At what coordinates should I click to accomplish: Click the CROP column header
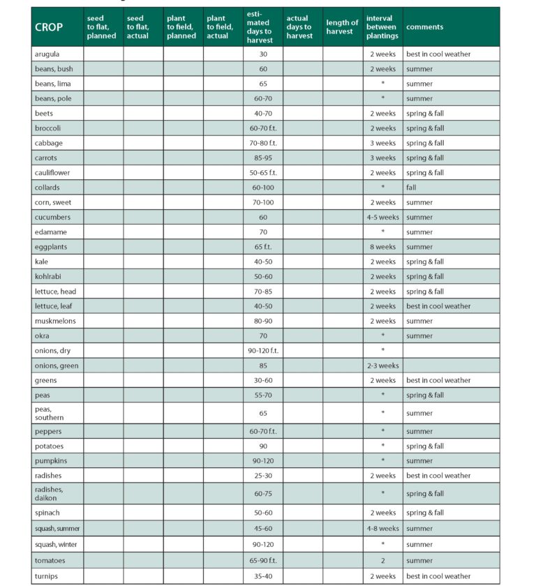tap(49, 27)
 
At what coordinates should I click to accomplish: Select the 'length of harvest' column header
tap(342, 27)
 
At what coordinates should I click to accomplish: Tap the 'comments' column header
tap(424, 27)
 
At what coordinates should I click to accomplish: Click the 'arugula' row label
tap(46, 54)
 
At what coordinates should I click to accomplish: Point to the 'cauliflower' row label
tap(51, 173)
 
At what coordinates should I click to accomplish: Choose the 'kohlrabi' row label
tap(47, 277)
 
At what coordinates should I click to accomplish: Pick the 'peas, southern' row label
tap(49, 413)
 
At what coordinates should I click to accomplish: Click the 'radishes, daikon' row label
tap(49, 494)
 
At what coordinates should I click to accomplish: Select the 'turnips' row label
tap(46, 576)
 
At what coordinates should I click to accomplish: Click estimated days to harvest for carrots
tap(263, 158)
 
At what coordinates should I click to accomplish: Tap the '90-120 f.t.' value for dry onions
tap(263, 351)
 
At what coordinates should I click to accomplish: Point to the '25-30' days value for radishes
tap(263, 476)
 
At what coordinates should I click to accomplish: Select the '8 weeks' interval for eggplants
tap(382, 247)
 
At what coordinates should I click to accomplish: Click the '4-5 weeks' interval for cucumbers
tap(382, 218)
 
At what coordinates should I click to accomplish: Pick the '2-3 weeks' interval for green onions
tap(382, 365)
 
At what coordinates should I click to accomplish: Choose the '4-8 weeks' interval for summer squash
tap(382, 529)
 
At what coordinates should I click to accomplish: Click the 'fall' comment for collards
tap(411, 188)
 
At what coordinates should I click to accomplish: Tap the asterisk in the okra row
tap(382, 336)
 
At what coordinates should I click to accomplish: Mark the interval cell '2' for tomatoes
tap(382, 561)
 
